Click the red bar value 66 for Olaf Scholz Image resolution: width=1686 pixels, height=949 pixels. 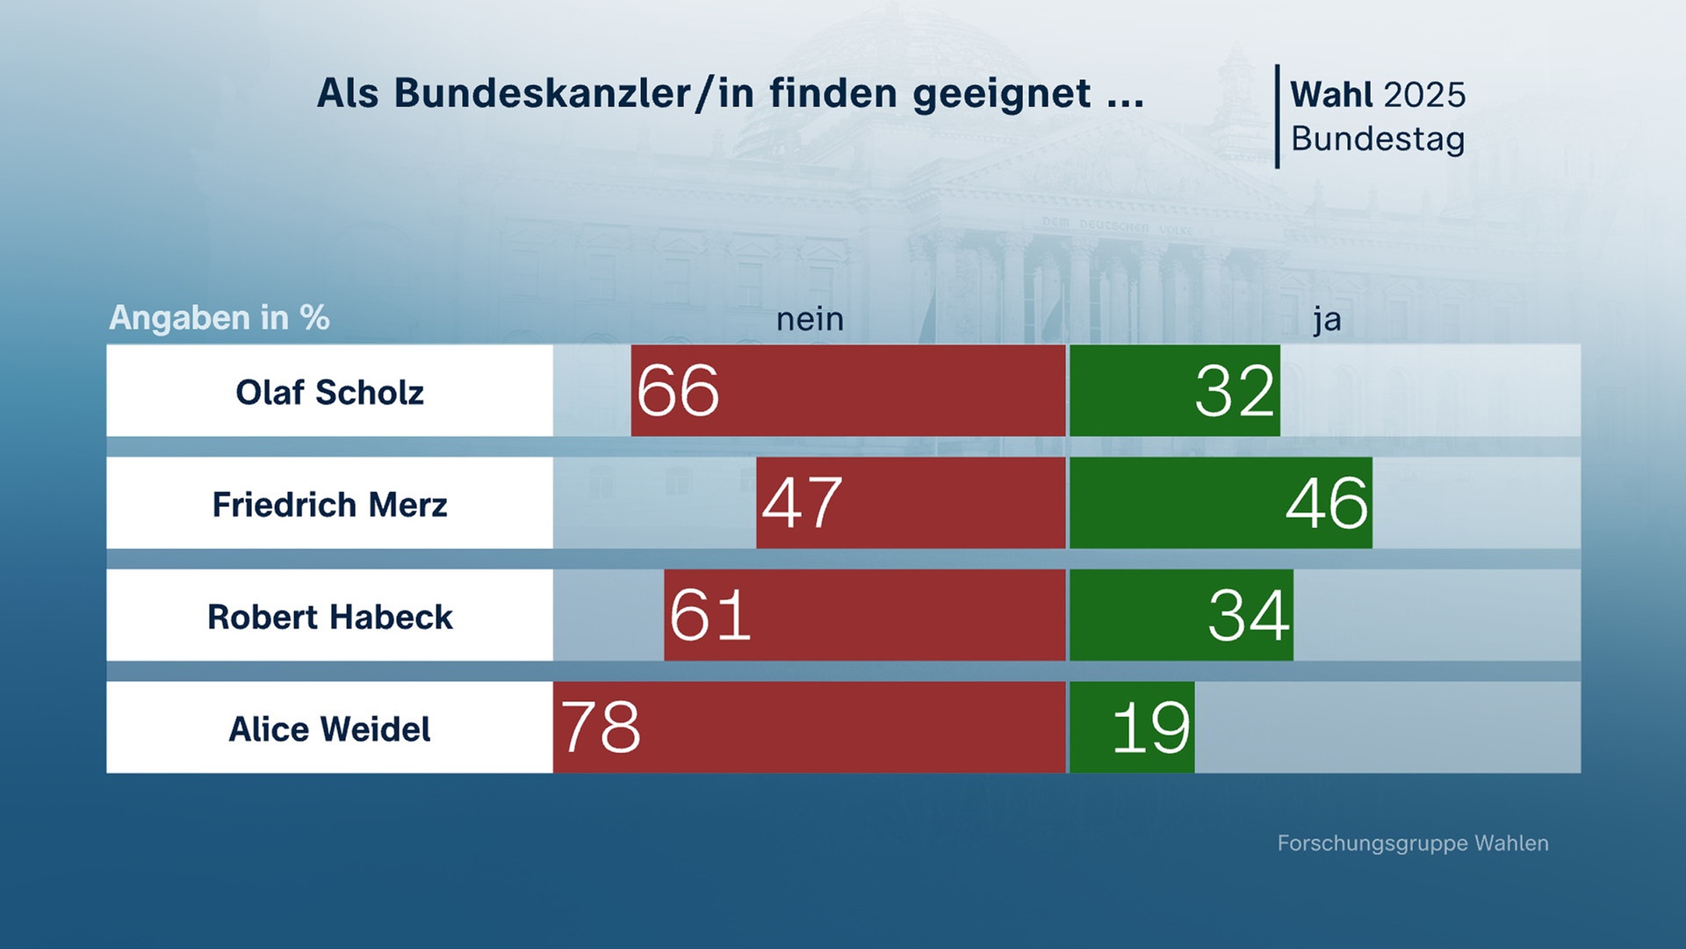[x=678, y=391]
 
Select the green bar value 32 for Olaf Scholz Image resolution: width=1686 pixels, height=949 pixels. [x=1235, y=391]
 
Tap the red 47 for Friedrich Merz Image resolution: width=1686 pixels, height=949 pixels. [x=802, y=503]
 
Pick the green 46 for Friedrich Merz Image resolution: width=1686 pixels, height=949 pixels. [x=1327, y=503]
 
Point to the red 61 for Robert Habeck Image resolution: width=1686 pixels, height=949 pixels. [x=710, y=616]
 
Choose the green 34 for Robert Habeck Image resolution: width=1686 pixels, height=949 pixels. [x=1249, y=616]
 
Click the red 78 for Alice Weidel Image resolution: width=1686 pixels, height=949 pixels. [x=602, y=728]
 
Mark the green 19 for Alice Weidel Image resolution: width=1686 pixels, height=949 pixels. [x=1150, y=728]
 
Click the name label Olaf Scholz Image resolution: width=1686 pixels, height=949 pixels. [x=329, y=392]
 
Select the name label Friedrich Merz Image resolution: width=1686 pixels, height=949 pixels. [x=329, y=504]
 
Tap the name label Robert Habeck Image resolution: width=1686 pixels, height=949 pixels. [x=329, y=617]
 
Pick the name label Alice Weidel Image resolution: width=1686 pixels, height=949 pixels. [x=329, y=729]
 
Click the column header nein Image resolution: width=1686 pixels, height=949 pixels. [x=810, y=319]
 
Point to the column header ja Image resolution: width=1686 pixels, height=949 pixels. [x=1327, y=320]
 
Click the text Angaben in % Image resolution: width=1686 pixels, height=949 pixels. [x=219, y=317]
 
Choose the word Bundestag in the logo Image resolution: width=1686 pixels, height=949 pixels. [x=1378, y=139]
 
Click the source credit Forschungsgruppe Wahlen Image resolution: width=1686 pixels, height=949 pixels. [x=1412, y=843]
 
